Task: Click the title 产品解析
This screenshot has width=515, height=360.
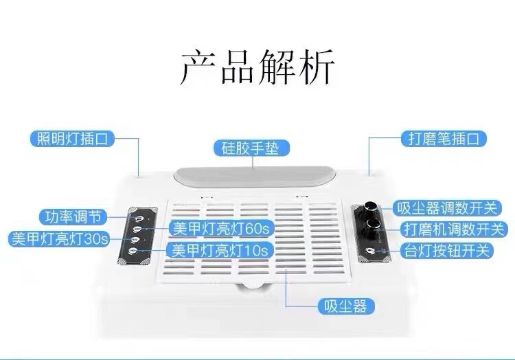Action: point(257,67)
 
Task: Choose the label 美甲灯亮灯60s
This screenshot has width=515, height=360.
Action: point(218,227)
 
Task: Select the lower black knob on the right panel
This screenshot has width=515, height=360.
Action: point(375,224)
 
